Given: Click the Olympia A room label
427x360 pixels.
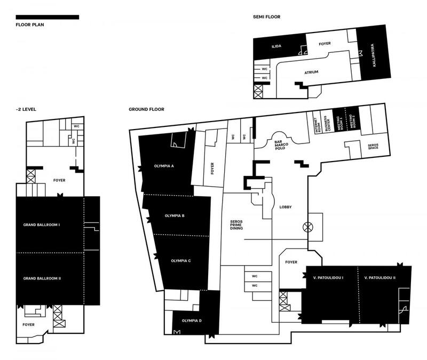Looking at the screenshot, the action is [x=164, y=166].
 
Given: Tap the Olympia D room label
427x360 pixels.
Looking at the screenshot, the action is [x=192, y=321].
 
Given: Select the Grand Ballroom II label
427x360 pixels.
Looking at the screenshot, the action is [x=42, y=278].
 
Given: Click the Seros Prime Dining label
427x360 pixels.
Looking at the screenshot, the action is [x=236, y=225].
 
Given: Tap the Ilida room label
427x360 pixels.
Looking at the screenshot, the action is [x=276, y=46].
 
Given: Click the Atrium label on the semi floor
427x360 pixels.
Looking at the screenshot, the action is [x=311, y=73].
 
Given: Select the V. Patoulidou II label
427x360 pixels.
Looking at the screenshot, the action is [x=380, y=278].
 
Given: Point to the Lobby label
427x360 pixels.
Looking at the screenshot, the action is [x=286, y=207].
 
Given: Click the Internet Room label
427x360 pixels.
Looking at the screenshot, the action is [x=318, y=125].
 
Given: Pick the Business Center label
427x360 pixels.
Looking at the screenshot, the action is [x=327, y=124].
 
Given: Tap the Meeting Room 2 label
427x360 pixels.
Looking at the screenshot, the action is [x=352, y=122].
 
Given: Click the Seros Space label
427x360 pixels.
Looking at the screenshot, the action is [x=373, y=146].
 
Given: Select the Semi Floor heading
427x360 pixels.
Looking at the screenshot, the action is [x=266, y=17].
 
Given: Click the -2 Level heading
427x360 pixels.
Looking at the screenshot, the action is [x=26, y=109].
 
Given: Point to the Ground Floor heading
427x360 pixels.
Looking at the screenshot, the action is [x=146, y=109].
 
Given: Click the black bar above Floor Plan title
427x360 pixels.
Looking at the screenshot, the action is [x=48, y=17].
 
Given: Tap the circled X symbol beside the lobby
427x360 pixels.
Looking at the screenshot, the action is [x=308, y=227].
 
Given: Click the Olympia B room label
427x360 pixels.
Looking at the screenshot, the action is [x=175, y=216].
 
